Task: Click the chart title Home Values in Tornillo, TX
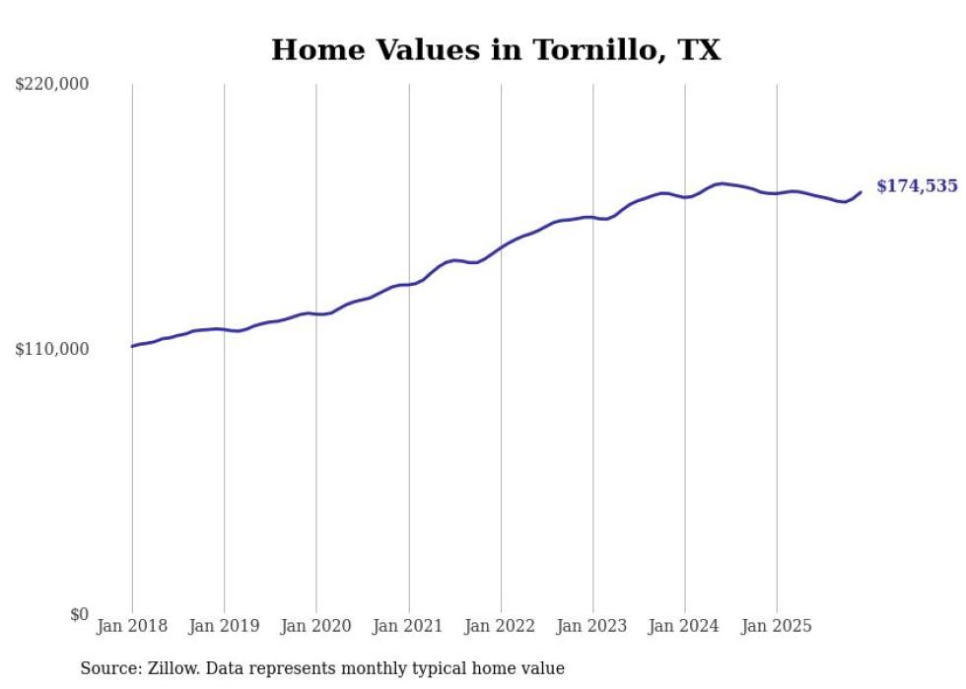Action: point(496,50)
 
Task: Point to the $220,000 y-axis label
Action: point(52,85)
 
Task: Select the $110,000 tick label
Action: point(52,350)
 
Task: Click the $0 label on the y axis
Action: point(79,614)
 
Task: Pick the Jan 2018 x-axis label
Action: point(132,626)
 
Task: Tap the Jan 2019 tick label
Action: point(224,626)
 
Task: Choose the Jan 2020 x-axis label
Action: point(316,626)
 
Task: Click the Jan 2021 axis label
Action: point(408,626)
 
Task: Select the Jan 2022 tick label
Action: point(501,626)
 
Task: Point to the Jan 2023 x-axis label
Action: point(592,626)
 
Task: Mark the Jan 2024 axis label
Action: point(685,626)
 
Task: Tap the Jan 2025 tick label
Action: point(777,626)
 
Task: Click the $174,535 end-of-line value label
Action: point(917,186)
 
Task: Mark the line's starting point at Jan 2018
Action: point(132,346)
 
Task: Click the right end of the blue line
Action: point(861,192)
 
